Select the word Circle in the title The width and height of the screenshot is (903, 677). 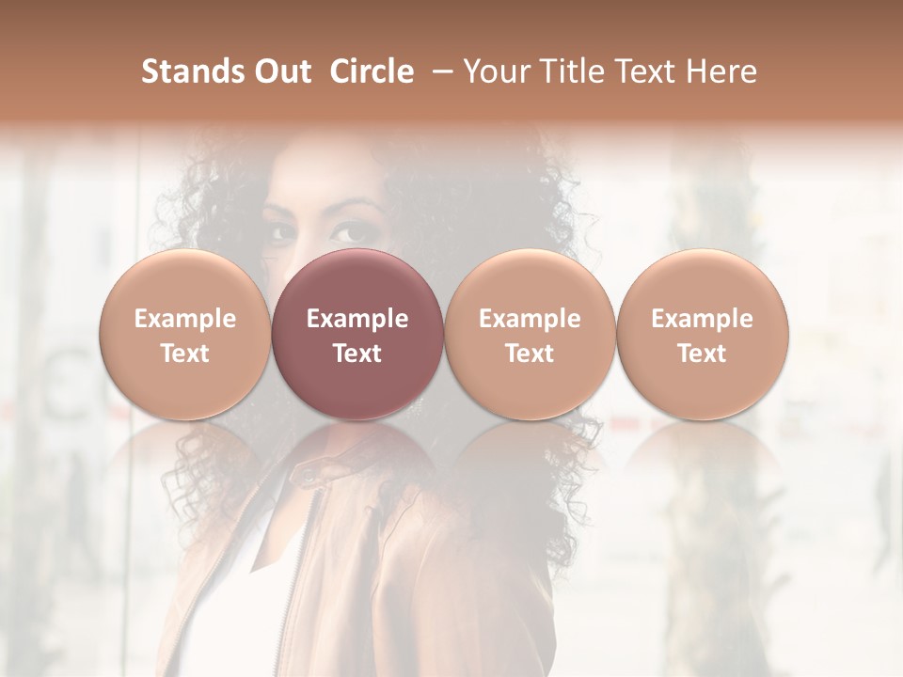(x=372, y=71)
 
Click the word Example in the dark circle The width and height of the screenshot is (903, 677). (x=357, y=319)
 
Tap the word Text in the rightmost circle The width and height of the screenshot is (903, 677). (x=703, y=354)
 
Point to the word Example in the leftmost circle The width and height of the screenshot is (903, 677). (x=185, y=319)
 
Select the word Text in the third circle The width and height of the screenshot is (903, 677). (x=530, y=354)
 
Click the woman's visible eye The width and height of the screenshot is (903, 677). (x=352, y=231)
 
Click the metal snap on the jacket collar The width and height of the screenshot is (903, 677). (x=307, y=480)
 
